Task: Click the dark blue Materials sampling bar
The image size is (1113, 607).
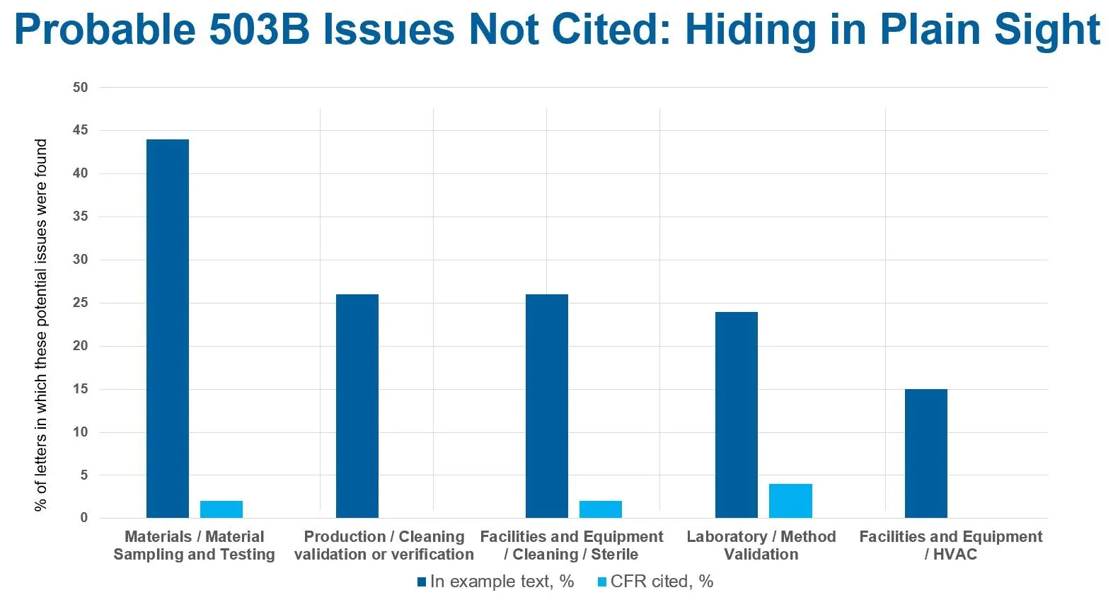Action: click(168, 329)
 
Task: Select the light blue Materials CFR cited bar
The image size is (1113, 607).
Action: click(221, 509)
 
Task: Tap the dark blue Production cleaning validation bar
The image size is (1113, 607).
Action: click(357, 406)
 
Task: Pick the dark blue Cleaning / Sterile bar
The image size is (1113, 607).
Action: click(547, 406)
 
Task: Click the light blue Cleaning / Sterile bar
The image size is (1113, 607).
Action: click(601, 509)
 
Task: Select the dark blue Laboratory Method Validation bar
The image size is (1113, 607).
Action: click(737, 415)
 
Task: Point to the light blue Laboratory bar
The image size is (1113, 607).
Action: click(790, 501)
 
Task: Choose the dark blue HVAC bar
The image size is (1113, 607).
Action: click(926, 453)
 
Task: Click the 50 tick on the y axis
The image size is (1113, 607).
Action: click(81, 88)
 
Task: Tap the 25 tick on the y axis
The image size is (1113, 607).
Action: click(81, 303)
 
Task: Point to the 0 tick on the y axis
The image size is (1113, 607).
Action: click(84, 518)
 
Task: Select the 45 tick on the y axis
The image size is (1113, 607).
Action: click(81, 130)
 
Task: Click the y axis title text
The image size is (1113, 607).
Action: click(41, 324)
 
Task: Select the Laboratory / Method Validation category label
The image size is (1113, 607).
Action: click(761, 545)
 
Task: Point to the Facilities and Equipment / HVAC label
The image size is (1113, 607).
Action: click(950, 545)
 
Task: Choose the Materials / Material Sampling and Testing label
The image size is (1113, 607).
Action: click(194, 545)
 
